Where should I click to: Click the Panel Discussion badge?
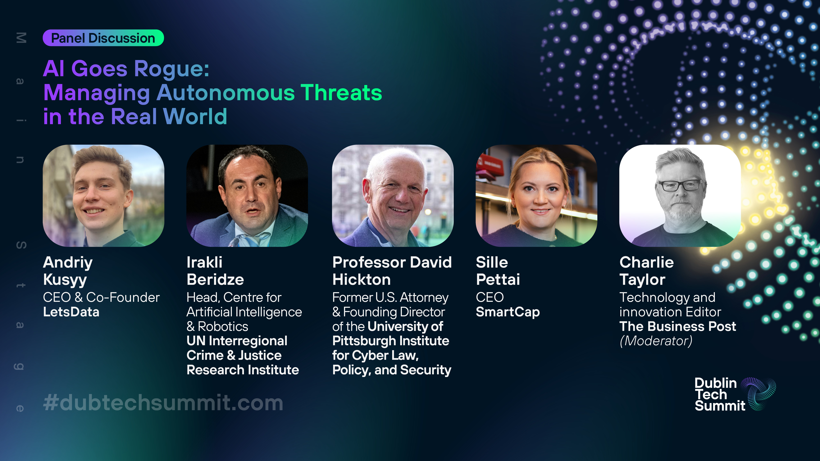[x=103, y=38]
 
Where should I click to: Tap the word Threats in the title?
[x=341, y=93]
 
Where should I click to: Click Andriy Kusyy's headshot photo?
[x=104, y=196]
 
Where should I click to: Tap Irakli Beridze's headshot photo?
[x=247, y=196]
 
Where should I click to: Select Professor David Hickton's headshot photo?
[x=393, y=196]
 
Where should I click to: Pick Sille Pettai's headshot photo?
[x=536, y=196]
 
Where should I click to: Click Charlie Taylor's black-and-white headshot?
[x=680, y=196]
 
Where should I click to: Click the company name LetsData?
[x=71, y=312]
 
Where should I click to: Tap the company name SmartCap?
[x=508, y=312]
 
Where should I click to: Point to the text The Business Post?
[x=678, y=326]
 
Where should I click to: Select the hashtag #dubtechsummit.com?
[x=163, y=403]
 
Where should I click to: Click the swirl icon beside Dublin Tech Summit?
[x=758, y=394]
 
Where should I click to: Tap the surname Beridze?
[x=215, y=280]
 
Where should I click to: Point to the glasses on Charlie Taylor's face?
[x=680, y=185]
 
